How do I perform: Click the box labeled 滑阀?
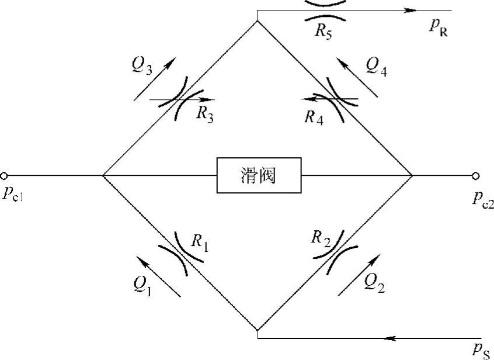[x=259, y=175]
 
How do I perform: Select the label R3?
[x=204, y=113]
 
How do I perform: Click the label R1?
[x=200, y=241]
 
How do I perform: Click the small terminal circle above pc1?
[x=4, y=175]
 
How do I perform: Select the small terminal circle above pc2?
[x=476, y=175]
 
